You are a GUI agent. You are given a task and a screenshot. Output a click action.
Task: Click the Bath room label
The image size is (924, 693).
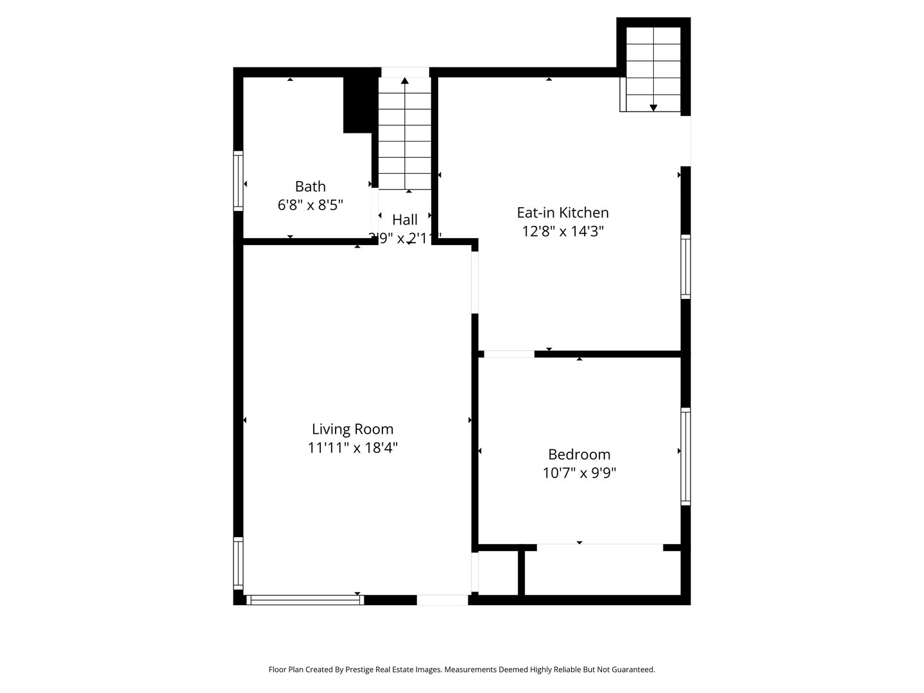pyautogui.click(x=310, y=187)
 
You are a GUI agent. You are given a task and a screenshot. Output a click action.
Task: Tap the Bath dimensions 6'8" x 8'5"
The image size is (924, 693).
pyautogui.click(x=310, y=205)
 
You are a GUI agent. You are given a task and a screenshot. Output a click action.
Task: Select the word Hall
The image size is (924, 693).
pyautogui.click(x=405, y=220)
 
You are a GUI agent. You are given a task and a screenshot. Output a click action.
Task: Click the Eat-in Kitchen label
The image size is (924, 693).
pyautogui.click(x=563, y=212)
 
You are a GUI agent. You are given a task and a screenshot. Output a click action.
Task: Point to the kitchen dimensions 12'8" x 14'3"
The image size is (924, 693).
pyautogui.click(x=563, y=231)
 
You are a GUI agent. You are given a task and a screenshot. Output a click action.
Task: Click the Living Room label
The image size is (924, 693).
pyautogui.click(x=352, y=429)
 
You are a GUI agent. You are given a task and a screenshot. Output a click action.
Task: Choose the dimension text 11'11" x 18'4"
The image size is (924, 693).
pyautogui.click(x=352, y=448)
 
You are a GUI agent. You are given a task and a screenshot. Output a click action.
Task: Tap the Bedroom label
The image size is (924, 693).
pyautogui.click(x=579, y=455)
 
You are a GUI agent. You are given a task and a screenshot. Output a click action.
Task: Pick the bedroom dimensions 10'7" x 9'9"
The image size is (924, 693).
pyautogui.click(x=579, y=474)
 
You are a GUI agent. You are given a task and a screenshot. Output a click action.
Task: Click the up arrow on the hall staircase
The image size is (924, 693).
pyautogui.click(x=405, y=81)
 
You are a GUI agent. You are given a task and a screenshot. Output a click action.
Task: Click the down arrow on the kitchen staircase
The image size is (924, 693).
pyautogui.click(x=653, y=107)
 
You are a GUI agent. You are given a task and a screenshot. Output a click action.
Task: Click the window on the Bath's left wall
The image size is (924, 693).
pyautogui.click(x=238, y=181)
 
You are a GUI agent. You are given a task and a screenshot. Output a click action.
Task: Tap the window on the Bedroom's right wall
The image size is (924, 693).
pyautogui.click(x=685, y=456)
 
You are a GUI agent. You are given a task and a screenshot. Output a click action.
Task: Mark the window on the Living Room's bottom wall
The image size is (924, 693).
pyautogui.click(x=305, y=600)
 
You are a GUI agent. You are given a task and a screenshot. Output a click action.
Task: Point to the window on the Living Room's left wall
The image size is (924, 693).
pyautogui.click(x=238, y=563)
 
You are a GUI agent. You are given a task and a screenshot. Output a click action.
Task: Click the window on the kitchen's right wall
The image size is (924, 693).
pyautogui.click(x=685, y=266)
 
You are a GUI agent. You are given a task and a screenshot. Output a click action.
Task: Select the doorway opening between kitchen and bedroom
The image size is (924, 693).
pyautogui.click(x=509, y=354)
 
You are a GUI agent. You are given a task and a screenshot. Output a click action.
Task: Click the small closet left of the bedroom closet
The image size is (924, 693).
pyautogui.click(x=498, y=573)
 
